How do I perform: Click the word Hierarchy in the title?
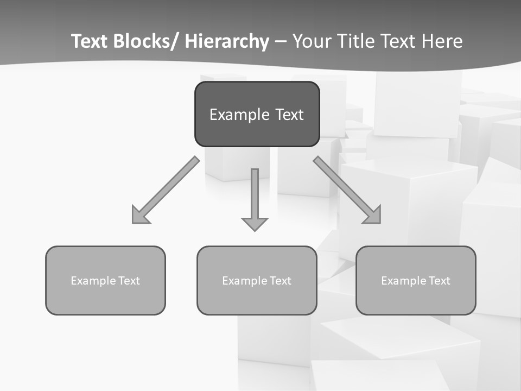227,41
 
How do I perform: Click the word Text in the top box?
289,115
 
